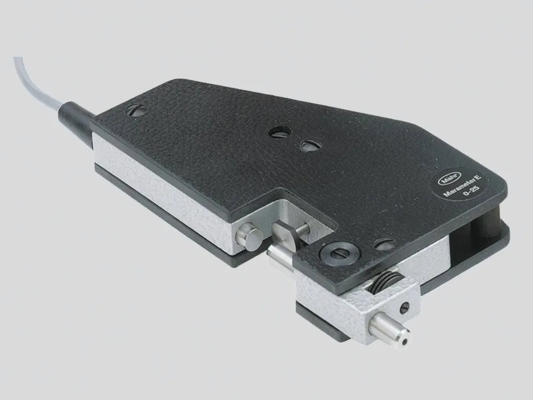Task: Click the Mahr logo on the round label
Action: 449,178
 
